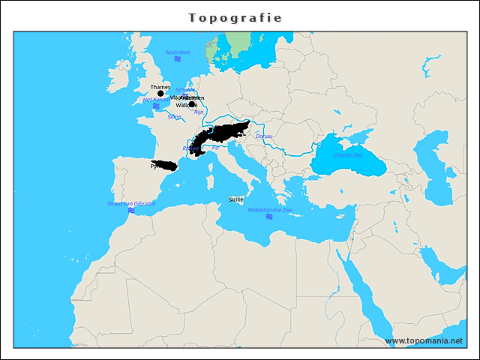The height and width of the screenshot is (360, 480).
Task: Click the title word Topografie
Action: click(235, 17)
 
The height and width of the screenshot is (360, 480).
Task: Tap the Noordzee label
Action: click(178, 52)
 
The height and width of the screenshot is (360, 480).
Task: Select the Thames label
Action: click(160, 87)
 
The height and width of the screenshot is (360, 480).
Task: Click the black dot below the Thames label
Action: click(160, 94)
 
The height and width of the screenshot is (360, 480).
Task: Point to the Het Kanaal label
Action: click(156, 99)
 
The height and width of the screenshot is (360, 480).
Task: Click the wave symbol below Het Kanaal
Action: click(156, 107)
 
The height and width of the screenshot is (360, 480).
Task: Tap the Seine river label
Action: click(175, 117)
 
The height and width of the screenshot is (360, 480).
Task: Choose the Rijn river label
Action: click(199, 112)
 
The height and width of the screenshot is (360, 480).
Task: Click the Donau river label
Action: click(264, 136)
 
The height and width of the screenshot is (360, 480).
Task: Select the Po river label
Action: click(216, 148)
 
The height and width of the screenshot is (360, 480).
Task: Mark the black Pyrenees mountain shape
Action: click(165, 164)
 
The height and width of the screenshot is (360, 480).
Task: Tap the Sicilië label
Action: click(236, 199)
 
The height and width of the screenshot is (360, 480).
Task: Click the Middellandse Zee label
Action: click(270, 209)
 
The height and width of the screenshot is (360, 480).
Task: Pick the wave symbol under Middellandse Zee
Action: click(269, 217)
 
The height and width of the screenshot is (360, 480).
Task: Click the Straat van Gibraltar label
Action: click(131, 203)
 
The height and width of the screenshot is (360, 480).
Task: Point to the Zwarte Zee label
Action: click(347, 154)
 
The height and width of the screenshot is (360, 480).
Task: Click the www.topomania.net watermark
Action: click(424, 340)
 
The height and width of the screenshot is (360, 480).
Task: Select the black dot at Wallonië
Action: click(192, 105)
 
